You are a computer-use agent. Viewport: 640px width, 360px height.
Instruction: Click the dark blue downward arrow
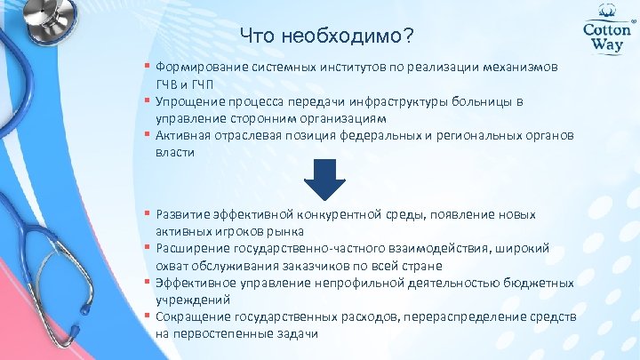tap(325, 181)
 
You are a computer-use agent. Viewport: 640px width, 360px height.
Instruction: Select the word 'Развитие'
tap(182, 215)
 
